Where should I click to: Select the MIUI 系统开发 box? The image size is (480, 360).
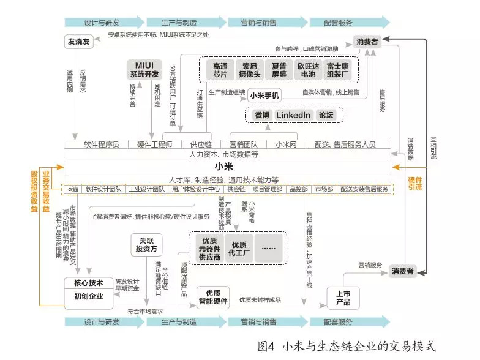click(144, 69)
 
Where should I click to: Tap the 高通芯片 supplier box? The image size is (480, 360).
click(220, 70)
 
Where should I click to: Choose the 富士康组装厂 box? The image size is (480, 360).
click(338, 70)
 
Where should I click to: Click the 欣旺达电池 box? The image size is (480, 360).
click(309, 70)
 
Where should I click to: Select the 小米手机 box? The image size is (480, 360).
click(264, 96)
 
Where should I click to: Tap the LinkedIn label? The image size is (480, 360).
click(294, 114)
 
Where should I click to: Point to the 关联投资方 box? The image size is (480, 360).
click(147, 245)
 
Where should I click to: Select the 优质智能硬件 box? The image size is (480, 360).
click(213, 297)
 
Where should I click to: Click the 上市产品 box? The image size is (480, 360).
click(343, 298)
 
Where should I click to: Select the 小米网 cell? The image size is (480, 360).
click(286, 144)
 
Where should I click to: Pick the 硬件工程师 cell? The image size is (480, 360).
click(155, 144)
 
